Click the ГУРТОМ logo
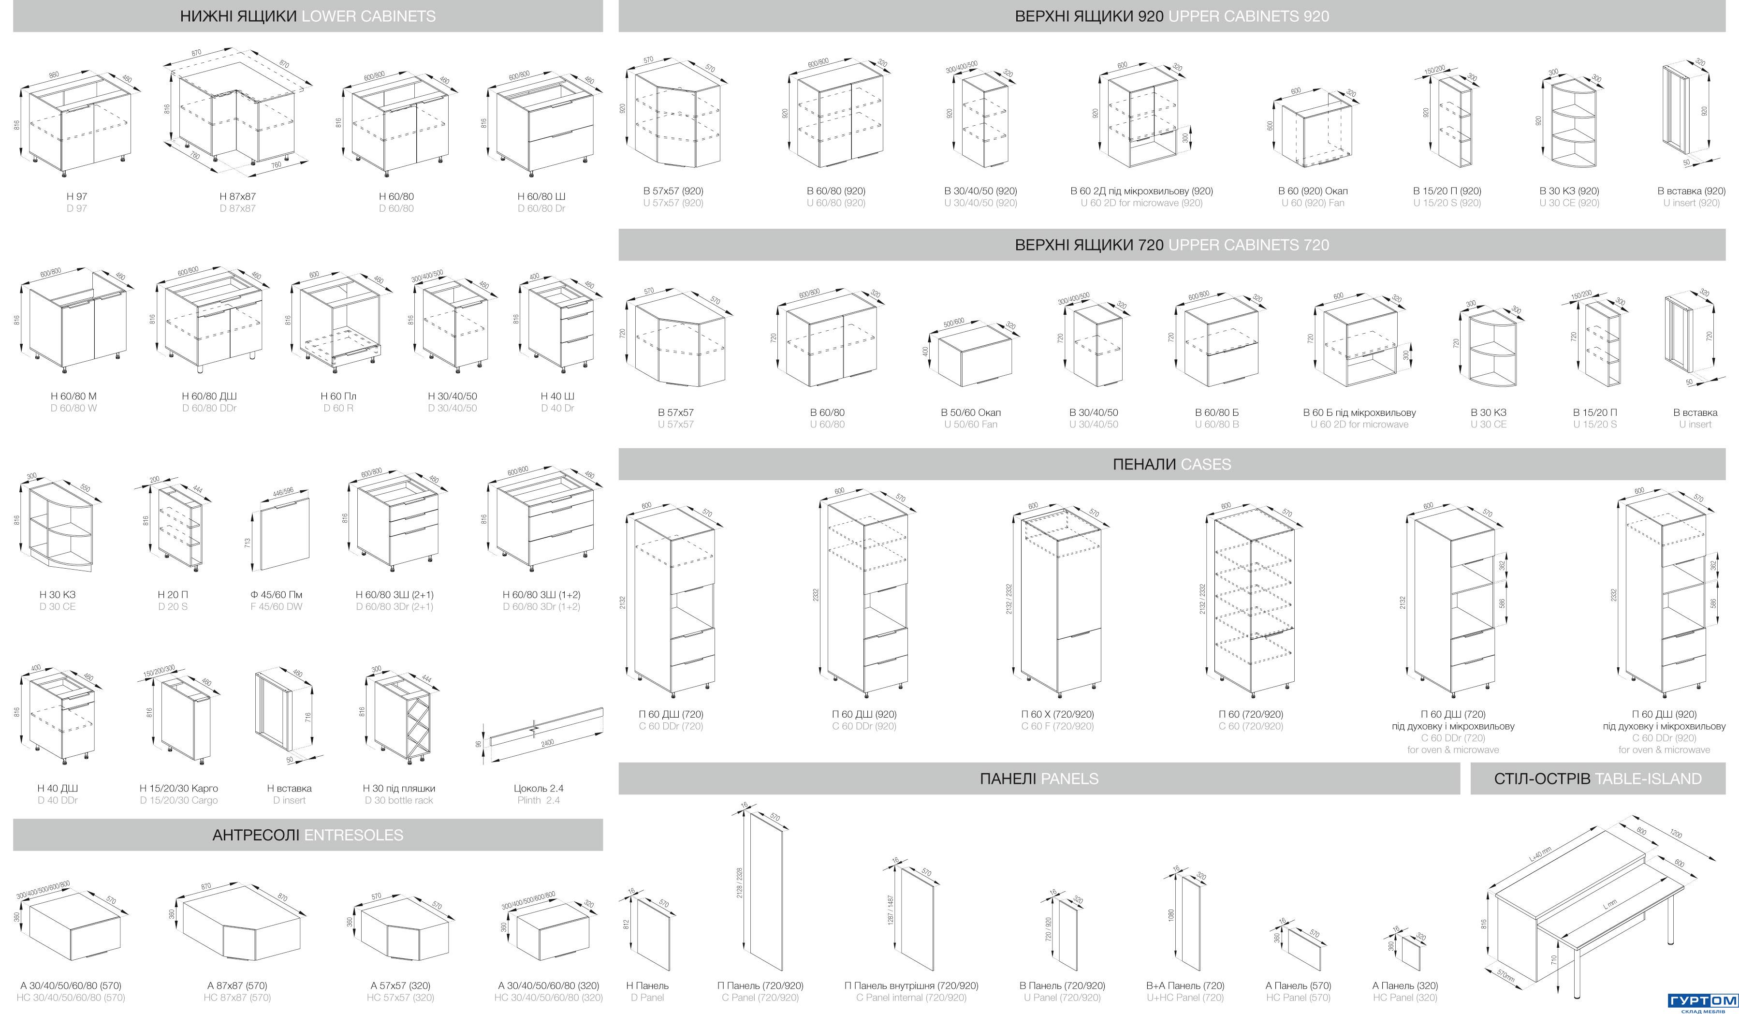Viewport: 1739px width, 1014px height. point(1702,1001)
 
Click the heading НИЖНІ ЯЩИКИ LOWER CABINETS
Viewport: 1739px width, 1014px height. point(308,16)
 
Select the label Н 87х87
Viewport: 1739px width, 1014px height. point(237,196)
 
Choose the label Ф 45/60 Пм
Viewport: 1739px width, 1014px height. point(276,594)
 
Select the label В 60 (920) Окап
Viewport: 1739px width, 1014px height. point(1313,191)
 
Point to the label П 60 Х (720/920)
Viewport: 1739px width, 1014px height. point(1057,714)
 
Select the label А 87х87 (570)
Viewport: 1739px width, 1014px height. point(237,985)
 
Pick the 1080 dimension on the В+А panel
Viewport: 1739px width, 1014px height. point(1171,914)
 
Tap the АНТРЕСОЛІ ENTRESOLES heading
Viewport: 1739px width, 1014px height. point(308,835)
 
